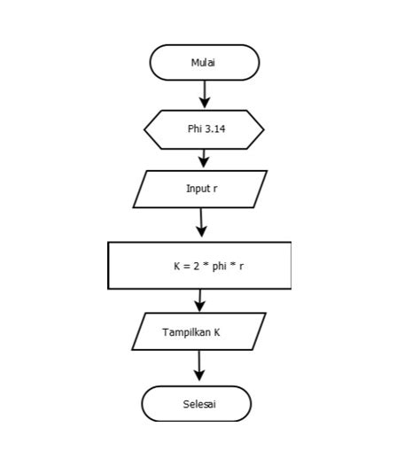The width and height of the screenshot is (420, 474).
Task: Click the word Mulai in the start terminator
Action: pos(203,63)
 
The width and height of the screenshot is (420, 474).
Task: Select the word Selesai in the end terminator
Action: pos(199,404)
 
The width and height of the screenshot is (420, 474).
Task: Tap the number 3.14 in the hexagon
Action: pos(215,128)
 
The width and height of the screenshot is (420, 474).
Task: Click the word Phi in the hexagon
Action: pos(194,128)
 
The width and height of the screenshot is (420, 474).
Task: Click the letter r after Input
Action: pos(215,190)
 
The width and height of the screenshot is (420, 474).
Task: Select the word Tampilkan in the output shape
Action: pos(187,332)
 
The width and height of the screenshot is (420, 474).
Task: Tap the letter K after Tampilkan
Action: pos(217,332)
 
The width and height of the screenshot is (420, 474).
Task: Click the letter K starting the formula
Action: pos(177,266)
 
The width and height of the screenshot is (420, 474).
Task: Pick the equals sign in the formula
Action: pos(187,267)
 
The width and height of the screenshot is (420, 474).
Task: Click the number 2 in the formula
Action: pos(197,266)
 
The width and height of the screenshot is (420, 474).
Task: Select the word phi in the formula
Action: pos(219,267)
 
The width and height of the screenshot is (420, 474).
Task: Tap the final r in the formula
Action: pos(241,267)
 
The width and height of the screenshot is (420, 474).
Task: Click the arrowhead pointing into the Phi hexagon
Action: pos(205,103)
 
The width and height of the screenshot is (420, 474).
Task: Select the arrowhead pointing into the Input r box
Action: pos(204,162)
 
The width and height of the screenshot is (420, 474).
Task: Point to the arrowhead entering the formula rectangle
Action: pos(202,231)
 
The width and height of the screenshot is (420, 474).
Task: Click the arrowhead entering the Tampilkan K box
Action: pos(199,306)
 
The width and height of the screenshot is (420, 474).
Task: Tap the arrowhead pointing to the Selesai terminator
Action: pos(199,375)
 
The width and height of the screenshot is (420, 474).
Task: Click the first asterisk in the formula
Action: pos(206,265)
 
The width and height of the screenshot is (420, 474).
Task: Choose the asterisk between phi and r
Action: pos(233,265)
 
